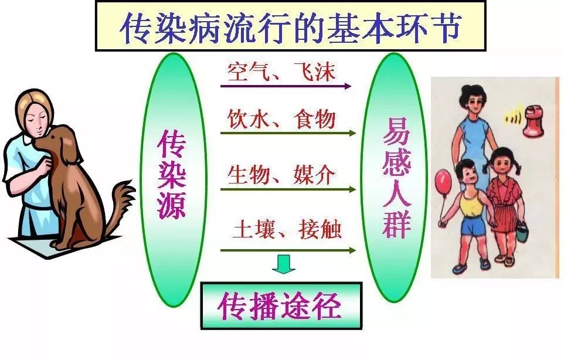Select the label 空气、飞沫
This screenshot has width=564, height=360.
click(281, 72)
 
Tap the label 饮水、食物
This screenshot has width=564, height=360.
click(281, 119)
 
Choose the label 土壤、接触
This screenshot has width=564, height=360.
click(287, 229)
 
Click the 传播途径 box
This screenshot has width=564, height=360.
click(281, 305)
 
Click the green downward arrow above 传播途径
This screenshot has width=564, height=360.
click(283, 264)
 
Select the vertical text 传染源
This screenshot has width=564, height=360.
click(171, 174)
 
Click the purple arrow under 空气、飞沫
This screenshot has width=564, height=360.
click(286, 86)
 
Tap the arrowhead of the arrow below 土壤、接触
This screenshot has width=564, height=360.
click(352, 251)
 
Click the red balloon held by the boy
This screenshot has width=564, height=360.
click(443, 181)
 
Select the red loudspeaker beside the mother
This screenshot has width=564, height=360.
click(534, 121)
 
